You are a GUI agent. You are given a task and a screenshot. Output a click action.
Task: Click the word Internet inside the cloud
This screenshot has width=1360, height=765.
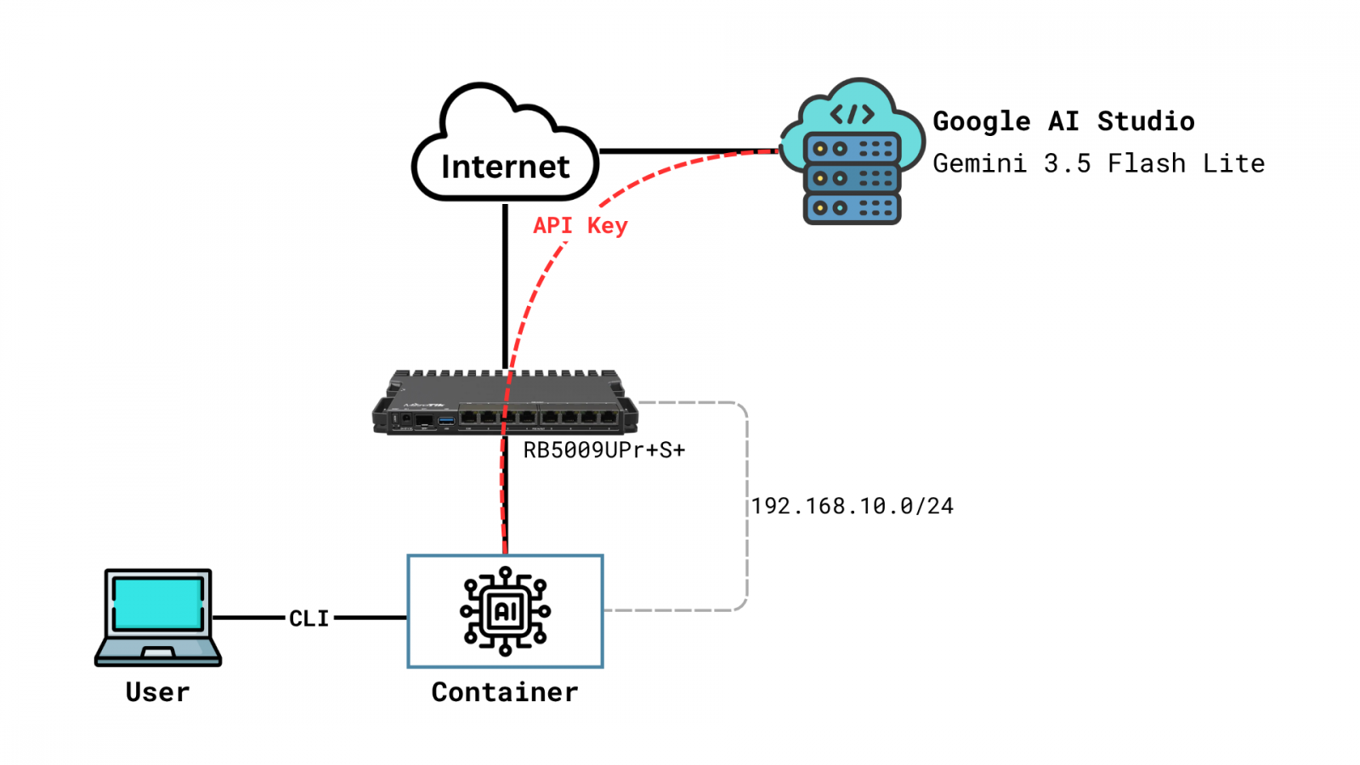[505, 167]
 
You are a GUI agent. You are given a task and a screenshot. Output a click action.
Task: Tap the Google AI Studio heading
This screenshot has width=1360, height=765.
[1063, 122]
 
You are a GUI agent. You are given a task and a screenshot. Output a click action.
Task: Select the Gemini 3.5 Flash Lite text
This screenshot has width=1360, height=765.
[1099, 163]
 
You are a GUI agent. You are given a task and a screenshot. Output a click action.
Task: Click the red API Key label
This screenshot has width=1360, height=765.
[580, 225]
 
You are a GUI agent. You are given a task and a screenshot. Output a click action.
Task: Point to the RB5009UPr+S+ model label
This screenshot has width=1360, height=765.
[604, 450]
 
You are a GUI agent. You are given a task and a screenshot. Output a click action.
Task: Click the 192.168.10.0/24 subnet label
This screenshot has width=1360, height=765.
[853, 506]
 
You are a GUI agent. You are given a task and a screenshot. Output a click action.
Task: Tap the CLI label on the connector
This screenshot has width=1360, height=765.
[309, 619]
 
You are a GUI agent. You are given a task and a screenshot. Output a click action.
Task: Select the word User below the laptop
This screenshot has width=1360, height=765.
[157, 692]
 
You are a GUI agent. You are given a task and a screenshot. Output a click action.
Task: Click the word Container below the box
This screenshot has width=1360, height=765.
[505, 692]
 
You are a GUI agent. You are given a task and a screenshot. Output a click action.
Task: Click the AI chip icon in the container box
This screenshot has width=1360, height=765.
[505, 611]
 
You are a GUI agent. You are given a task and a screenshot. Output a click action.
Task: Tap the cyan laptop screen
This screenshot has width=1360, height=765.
[158, 603]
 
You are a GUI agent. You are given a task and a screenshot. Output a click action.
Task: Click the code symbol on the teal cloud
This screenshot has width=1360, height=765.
[853, 114]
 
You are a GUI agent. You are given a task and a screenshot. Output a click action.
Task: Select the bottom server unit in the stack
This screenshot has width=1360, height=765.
[852, 208]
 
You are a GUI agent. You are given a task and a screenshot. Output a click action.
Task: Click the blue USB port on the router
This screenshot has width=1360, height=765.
[446, 421]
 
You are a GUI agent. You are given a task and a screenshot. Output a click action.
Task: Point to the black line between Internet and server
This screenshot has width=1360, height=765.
[688, 151]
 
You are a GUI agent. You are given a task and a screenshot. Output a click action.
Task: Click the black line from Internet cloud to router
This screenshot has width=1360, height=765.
[505, 286]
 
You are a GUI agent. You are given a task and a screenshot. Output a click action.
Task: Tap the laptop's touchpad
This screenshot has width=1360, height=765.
[158, 654]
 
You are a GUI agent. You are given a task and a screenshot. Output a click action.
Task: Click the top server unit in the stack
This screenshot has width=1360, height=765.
[852, 149]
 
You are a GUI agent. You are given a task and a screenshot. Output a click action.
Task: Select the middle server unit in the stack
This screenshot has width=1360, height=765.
[852, 178]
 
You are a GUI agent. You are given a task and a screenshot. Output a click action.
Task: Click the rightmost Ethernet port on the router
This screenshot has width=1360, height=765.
[608, 417]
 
